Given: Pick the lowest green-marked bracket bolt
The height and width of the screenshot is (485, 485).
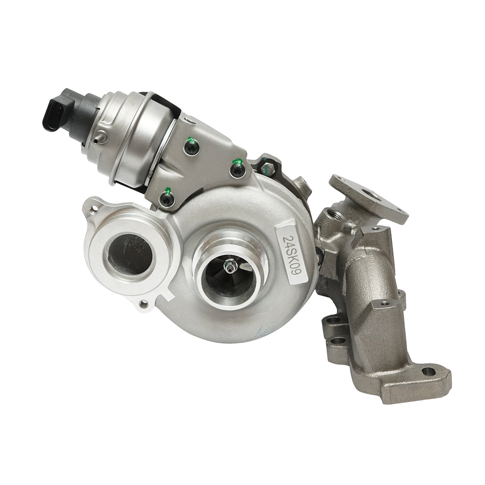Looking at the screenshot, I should [x=166, y=198].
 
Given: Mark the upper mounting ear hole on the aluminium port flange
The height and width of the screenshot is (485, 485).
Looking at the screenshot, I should [x=95, y=209].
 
